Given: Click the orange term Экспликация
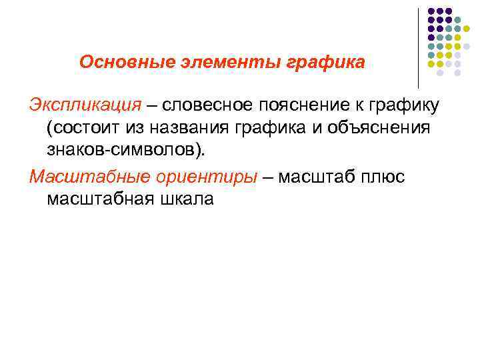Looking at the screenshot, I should pos(85,105).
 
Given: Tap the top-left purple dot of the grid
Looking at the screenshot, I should pos(431,11).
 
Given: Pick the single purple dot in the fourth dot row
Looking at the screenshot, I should pos(431,37).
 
